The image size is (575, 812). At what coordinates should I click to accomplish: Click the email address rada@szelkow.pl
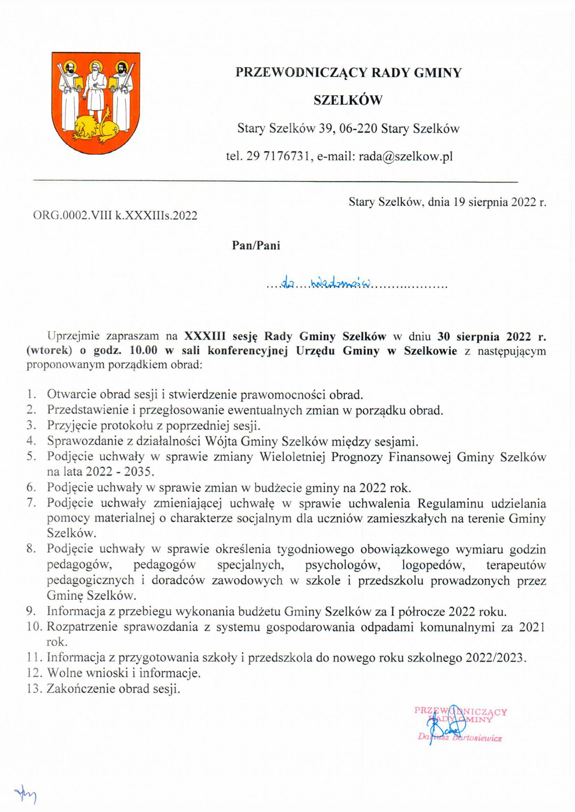[406, 156]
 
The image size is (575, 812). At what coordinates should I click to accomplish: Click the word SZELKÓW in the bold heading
[348, 100]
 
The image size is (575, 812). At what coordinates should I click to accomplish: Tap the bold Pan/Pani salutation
[256, 245]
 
